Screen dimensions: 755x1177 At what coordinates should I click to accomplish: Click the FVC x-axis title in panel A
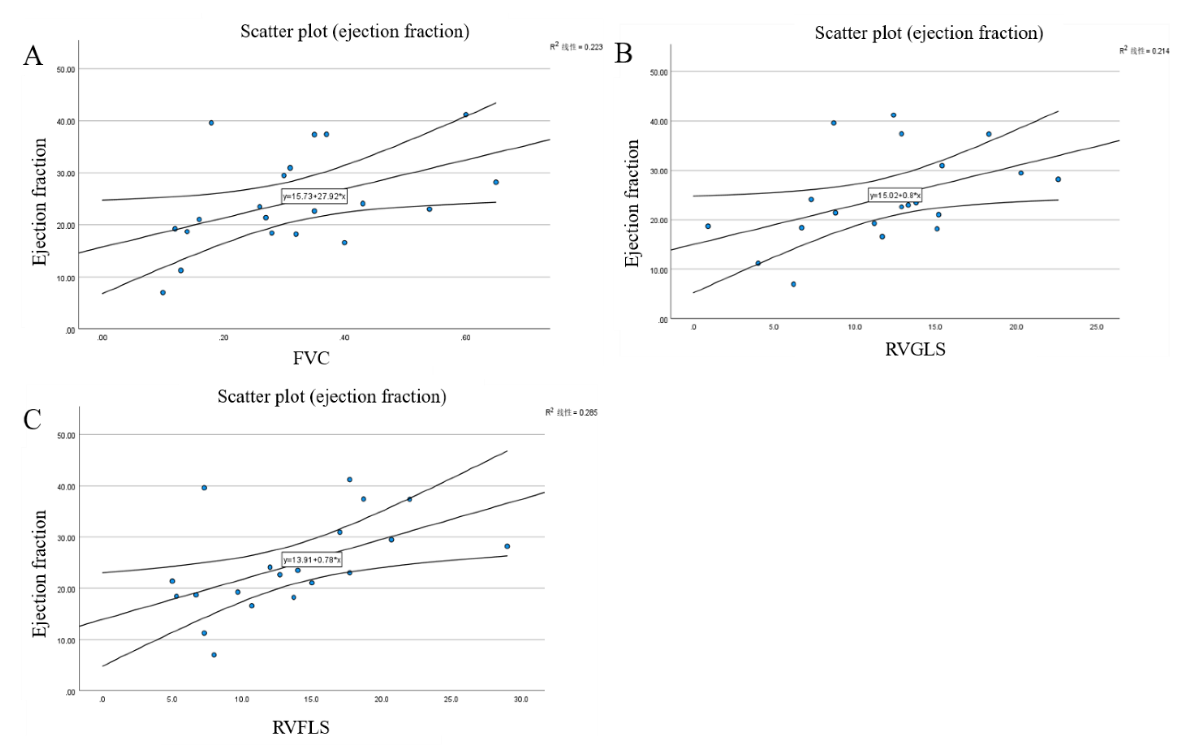[x=311, y=358]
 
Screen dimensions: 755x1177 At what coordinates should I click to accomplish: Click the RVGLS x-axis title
[x=915, y=349]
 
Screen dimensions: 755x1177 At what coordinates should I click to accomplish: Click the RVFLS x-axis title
[x=300, y=727]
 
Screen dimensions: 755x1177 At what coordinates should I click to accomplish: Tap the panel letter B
[x=623, y=53]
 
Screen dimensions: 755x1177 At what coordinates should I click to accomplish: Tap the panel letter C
[x=32, y=420]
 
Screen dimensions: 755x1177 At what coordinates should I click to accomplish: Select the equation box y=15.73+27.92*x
[x=314, y=197]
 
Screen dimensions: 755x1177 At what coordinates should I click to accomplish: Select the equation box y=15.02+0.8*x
[x=895, y=195]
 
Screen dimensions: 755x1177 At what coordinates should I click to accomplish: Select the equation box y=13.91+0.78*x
[x=312, y=560]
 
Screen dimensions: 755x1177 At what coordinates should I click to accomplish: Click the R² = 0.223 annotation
[x=576, y=47]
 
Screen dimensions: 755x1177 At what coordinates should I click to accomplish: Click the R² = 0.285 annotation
[x=571, y=413]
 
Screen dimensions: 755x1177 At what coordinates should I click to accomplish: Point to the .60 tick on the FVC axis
[x=465, y=338]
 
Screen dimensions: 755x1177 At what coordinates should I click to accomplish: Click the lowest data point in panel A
[x=163, y=293]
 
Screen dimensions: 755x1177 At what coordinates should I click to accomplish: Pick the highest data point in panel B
[x=893, y=115]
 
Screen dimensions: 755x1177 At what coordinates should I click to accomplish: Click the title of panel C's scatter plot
[x=332, y=396]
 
